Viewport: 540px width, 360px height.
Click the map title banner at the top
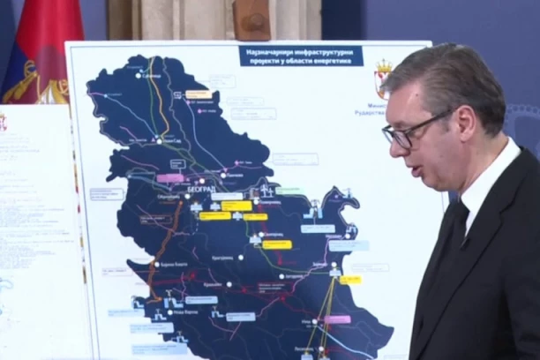pos(301,56)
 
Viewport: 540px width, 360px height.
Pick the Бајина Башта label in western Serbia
pos(175,264)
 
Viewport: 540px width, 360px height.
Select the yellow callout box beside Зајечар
pos(350,280)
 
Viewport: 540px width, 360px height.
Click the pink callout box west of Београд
pos(169,178)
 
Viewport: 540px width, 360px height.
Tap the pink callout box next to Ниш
pos(337,319)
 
